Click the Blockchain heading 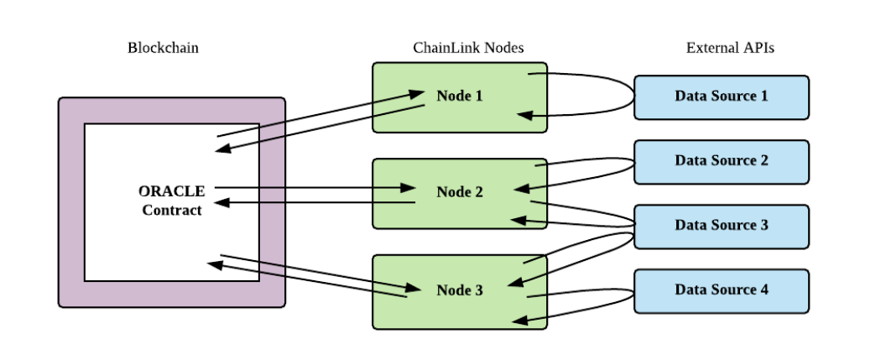point(163,48)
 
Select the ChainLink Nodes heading point(468,48)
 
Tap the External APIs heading point(730,48)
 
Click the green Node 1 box point(460,97)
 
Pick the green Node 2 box point(460,193)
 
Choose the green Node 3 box point(460,290)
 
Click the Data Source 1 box point(722,96)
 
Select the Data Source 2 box point(722,160)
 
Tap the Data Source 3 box point(722,225)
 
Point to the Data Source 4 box point(722,290)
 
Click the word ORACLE point(172,191)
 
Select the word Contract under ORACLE point(172,211)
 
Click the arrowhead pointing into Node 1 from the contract point(418,94)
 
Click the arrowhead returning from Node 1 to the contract point(222,150)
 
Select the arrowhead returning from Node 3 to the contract point(214,264)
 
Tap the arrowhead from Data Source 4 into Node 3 point(517,319)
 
